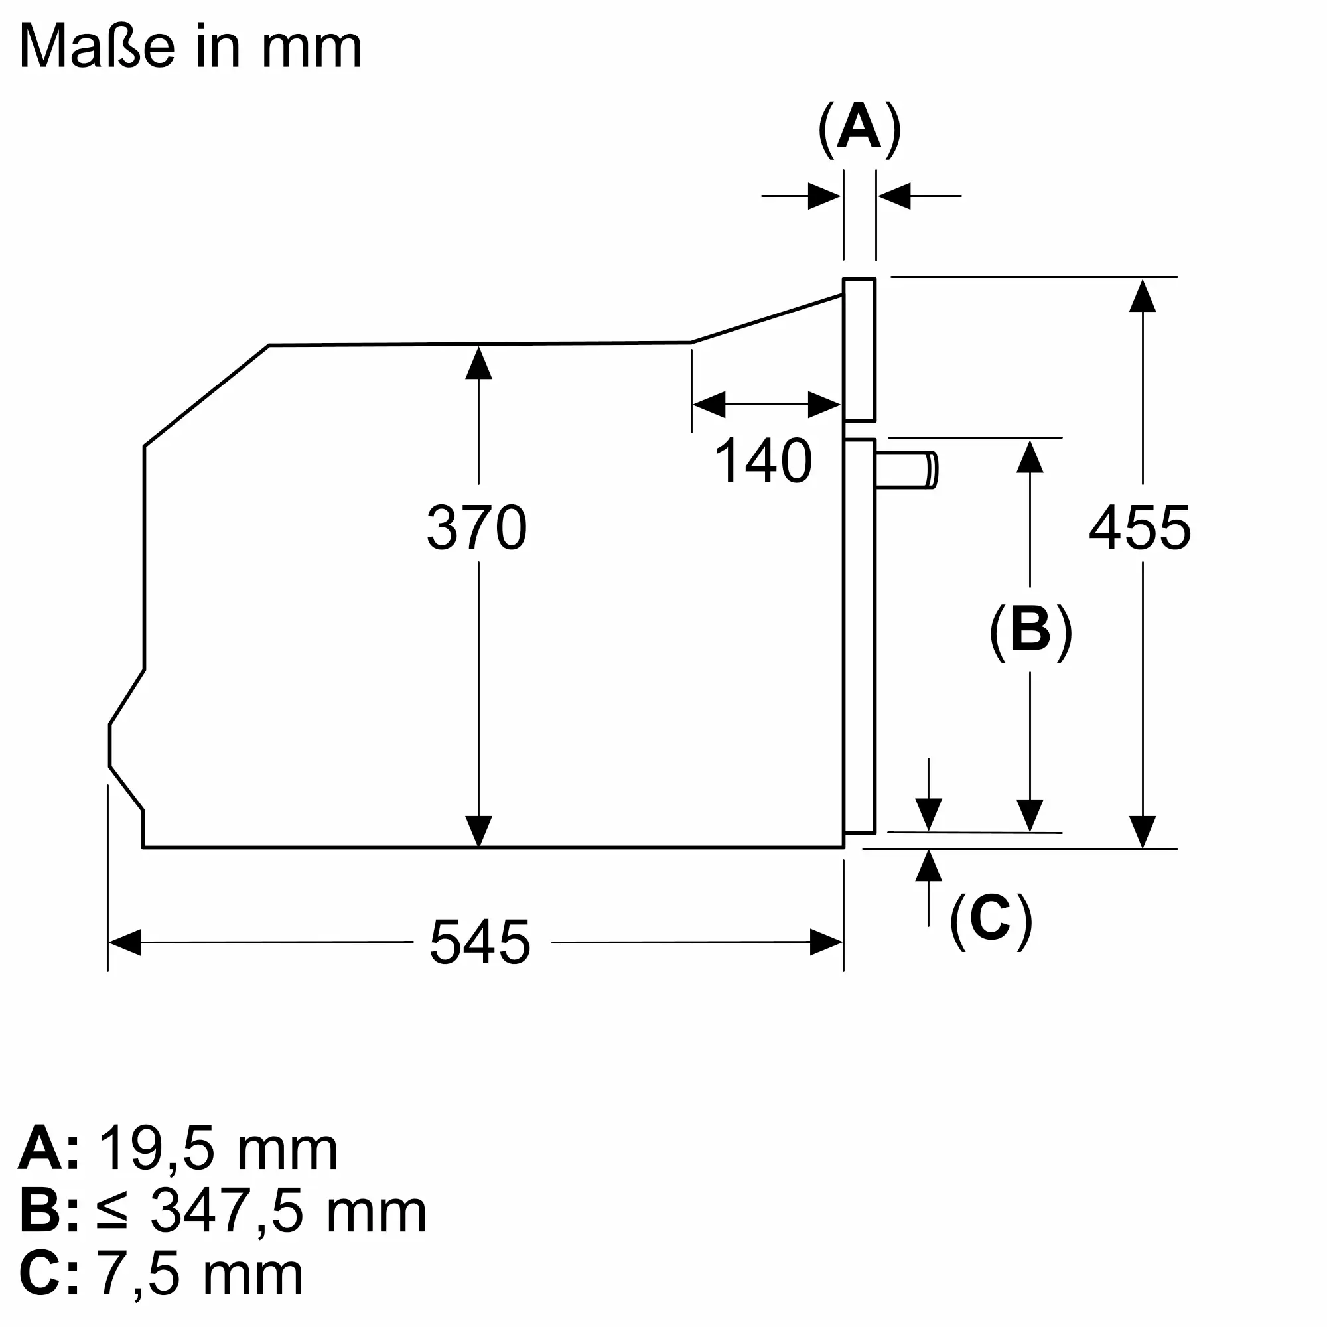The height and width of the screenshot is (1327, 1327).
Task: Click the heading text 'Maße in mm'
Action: click(190, 46)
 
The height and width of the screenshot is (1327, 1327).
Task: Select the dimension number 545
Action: click(480, 942)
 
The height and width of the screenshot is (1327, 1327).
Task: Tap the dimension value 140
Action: click(763, 460)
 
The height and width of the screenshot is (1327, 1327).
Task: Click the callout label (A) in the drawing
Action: click(859, 129)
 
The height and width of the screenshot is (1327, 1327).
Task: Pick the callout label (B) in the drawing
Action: click(1031, 632)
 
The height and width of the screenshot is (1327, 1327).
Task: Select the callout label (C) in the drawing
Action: click(991, 920)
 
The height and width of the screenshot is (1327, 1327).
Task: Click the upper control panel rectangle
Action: click(859, 350)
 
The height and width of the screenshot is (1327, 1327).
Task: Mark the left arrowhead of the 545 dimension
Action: click(124, 942)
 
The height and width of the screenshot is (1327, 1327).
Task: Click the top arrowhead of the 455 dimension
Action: click(1143, 295)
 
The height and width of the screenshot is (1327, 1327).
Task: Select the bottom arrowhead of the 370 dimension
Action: click(479, 831)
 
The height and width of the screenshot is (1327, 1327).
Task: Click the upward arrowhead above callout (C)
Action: click(929, 865)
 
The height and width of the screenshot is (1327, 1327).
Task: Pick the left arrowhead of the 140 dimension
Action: click(709, 405)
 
